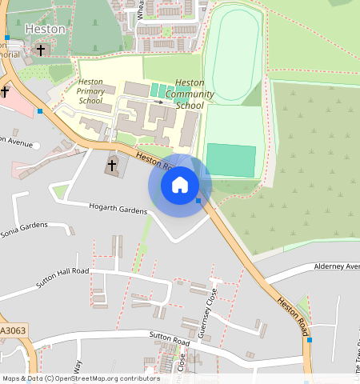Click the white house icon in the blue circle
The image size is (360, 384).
point(180,185)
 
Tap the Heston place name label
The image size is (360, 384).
point(46,29)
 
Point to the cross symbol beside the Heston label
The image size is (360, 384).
point(41,50)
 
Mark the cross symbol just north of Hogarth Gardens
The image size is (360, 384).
point(112,166)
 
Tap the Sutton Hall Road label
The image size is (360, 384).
point(62,278)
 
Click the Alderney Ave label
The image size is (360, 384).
point(336,266)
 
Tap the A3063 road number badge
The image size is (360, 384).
point(13,330)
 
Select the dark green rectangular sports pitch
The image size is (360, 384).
point(231,160)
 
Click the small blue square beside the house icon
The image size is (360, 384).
point(198,201)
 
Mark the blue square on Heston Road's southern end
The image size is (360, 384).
point(309,340)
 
